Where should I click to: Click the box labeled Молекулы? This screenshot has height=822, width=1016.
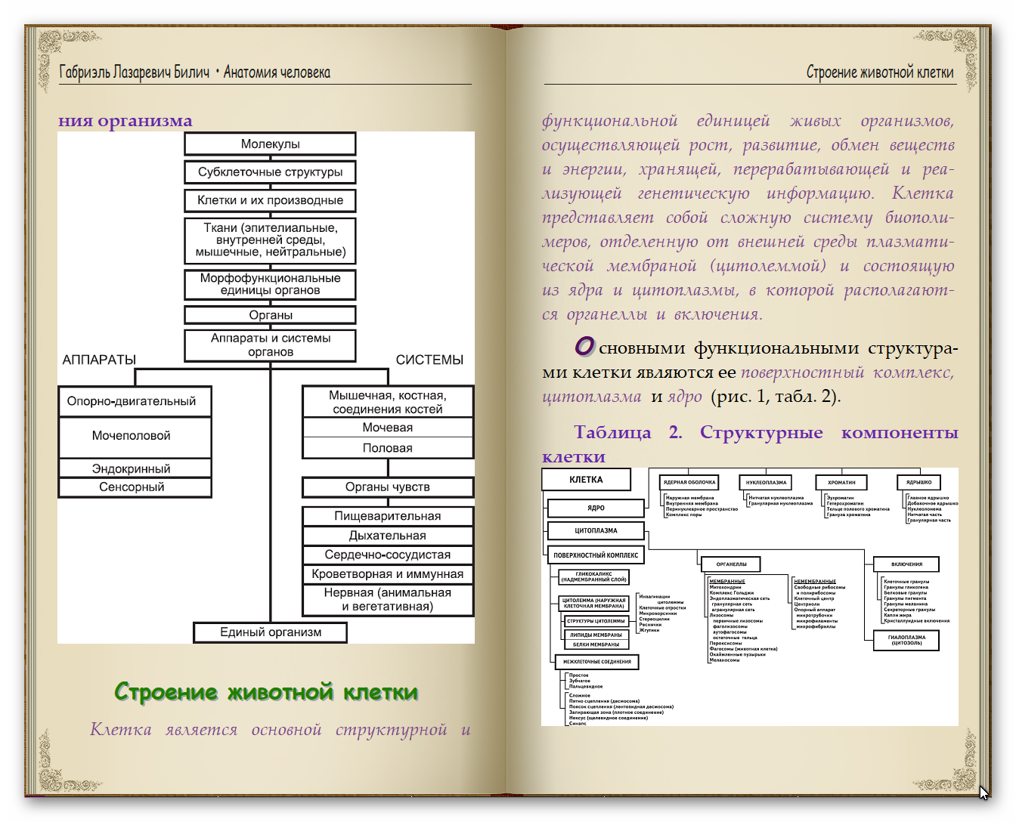[x=270, y=144]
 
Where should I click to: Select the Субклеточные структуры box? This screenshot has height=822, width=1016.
[x=270, y=172]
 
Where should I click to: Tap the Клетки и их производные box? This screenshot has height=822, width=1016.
[x=270, y=200]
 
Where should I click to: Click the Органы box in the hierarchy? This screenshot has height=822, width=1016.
[x=270, y=315]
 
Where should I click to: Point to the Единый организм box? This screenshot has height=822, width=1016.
[x=270, y=632]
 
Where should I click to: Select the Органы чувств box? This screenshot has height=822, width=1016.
[x=387, y=487]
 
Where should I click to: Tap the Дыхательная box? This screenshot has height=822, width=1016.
[x=387, y=536]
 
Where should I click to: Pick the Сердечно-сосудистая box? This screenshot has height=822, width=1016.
[x=387, y=555]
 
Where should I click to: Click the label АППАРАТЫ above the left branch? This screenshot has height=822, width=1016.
[x=99, y=360]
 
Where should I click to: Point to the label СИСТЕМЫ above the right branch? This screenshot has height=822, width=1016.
[x=429, y=360]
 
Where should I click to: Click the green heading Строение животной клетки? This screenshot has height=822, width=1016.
[x=266, y=691]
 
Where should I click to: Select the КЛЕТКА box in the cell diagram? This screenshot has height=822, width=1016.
[x=586, y=480]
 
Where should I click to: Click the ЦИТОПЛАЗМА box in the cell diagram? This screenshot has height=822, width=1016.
[x=596, y=530]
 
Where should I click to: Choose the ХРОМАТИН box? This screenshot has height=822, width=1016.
[x=841, y=482]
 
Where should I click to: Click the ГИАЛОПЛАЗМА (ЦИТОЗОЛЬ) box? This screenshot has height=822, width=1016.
[x=906, y=641]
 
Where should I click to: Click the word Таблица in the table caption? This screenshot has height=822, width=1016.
[x=612, y=433]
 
